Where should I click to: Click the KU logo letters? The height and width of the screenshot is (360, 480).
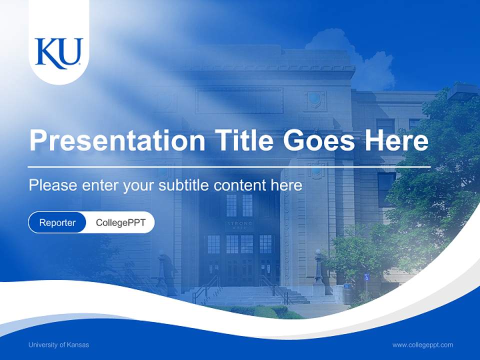(59, 53)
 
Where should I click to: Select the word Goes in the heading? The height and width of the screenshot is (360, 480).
(319, 140)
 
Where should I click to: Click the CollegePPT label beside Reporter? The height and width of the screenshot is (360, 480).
(120, 222)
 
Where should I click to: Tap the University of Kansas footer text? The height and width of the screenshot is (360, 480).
(58, 344)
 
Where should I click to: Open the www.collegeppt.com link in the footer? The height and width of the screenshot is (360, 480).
(422, 344)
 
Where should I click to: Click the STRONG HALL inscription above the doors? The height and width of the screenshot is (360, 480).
(240, 225)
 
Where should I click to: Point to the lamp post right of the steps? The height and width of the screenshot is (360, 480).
(318, 270)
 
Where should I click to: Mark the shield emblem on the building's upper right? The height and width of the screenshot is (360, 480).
(314, 98)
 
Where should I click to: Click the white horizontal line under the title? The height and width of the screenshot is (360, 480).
(229, 166)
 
